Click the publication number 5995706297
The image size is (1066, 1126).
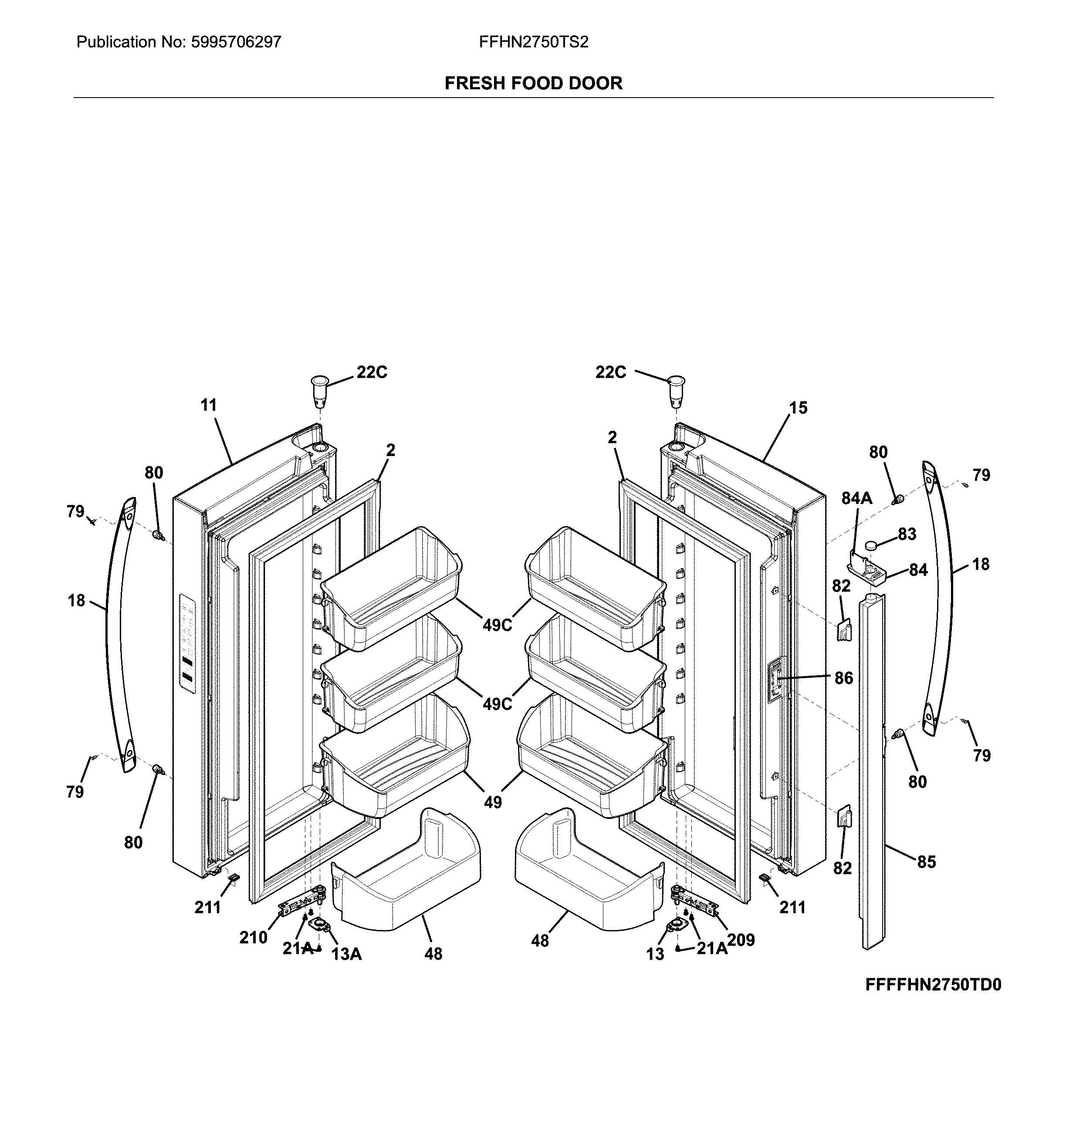pos(235,42)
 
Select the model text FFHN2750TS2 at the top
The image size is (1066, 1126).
pos(533,42)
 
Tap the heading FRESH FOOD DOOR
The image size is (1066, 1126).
pos(533,84)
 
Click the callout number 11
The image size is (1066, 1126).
pos(209,405)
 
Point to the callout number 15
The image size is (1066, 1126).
pos(798,407)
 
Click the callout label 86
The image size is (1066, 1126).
pos(844,678)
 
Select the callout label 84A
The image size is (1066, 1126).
pos(856,498)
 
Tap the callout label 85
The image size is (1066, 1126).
pos(926,862)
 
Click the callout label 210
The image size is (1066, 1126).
pos(253,937)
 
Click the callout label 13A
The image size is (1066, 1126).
pos(347,954)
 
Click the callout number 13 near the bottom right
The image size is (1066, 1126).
pos(655,954)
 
